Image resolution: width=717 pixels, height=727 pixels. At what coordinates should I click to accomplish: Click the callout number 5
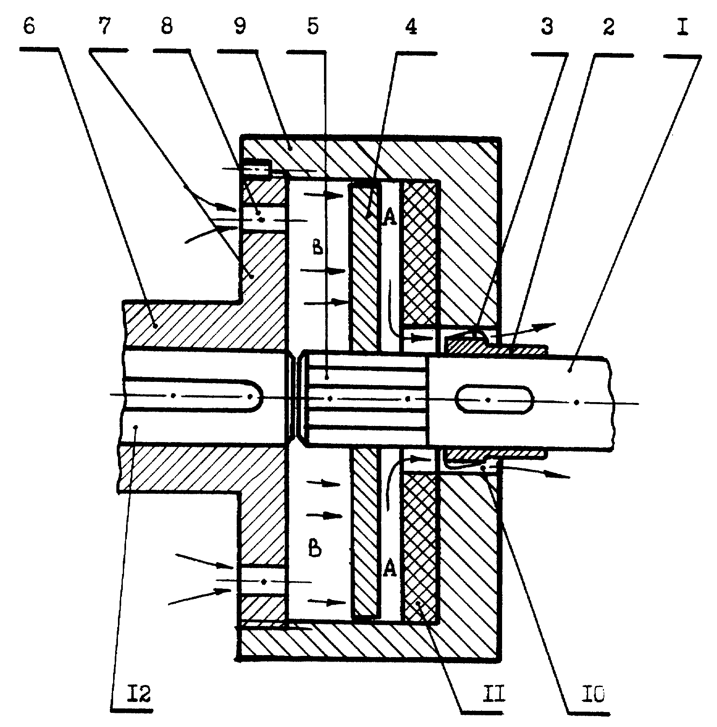(x=313, y=27)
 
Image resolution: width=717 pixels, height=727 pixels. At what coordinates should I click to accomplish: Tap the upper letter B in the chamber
(x=318, y=247)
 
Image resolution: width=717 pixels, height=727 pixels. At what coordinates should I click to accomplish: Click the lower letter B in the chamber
(x=315, y=549)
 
